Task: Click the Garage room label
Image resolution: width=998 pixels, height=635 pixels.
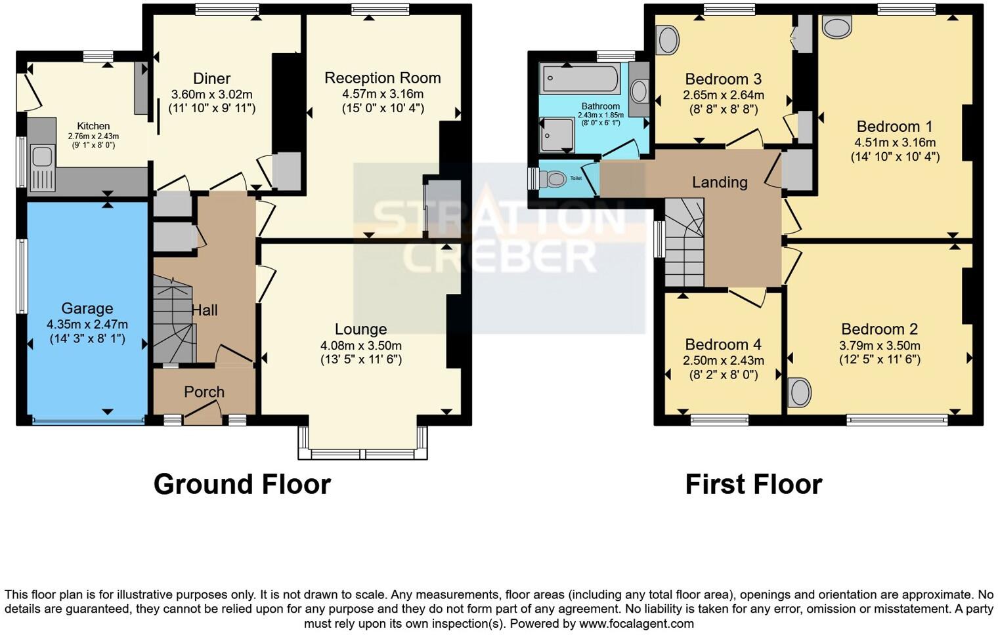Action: [x=87, y=308]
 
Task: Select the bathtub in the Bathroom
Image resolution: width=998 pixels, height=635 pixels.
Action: [x=580, y=79]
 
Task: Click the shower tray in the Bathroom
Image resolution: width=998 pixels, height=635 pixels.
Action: [x=556, y=134]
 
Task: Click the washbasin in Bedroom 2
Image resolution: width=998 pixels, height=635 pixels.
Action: [x=799, y=393]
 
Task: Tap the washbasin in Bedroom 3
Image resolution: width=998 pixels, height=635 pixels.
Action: [x=668, y=40]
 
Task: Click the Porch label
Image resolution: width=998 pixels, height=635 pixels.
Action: [x=204, y=392]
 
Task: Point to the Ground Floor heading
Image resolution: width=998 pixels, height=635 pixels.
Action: [x=242, y=484]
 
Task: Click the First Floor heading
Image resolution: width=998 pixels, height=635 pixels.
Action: [x=753, y=485]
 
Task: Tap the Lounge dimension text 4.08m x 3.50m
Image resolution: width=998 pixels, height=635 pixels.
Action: [x=360, y=345]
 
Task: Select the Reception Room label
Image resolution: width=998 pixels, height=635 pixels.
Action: [x=382, y=78]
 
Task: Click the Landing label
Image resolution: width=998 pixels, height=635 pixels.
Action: [x=720, y=182]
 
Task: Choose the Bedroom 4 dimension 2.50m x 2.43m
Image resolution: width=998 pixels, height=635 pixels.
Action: [x=723, y=360]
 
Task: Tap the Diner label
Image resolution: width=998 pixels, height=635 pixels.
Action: [x=211, y=79]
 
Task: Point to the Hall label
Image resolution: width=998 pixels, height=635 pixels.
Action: [x=204, y=310]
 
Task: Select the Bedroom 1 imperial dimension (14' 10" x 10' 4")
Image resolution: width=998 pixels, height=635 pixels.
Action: [x=895, y=157]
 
